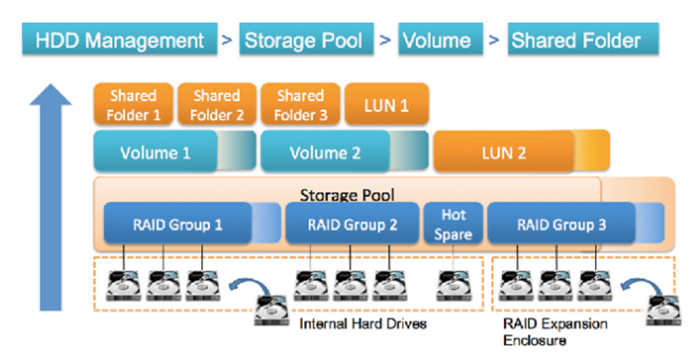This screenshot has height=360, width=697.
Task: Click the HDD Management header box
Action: point(120,41)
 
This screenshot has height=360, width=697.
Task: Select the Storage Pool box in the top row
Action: point(303,41)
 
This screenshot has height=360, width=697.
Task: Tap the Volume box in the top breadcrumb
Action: point(437,41)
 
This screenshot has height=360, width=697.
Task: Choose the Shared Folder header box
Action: point(576,41)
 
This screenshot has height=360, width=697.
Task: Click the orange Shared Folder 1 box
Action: point(134,105)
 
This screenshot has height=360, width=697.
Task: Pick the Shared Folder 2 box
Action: point(217,105)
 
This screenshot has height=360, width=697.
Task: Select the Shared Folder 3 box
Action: point(300,105)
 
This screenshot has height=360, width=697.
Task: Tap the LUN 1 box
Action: point(386,105)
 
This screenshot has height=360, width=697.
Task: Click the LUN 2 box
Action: point(504,153)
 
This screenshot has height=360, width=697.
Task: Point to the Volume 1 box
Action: point(155,153)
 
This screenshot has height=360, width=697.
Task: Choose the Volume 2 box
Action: point(325,153)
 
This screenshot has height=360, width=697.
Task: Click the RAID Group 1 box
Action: point(178,224)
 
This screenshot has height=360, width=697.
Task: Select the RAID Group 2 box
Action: point(352,224)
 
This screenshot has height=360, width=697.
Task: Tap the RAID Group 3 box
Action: point(561,224)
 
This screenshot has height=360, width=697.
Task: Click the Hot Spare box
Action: point(454,225)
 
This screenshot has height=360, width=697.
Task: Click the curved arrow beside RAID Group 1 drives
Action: point(243,286)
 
